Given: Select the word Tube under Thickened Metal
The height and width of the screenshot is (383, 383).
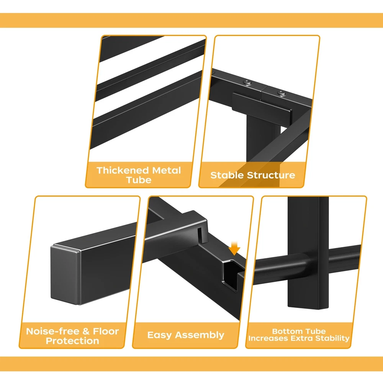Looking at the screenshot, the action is tap(139, 180).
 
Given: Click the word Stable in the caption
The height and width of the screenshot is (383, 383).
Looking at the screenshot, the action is tap(227, 175).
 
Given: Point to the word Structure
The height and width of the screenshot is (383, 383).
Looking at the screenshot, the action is tap(271, 175).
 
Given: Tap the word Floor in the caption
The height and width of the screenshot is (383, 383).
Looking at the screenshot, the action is tap(106, 331).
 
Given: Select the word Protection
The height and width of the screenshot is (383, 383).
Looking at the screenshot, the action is tap(72, 341).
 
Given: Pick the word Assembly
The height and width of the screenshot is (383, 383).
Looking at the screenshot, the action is tap(200, 335).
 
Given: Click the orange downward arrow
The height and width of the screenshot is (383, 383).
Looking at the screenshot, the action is tap(234, 248).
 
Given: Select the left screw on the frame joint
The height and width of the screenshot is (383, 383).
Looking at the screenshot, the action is tap(248, 83).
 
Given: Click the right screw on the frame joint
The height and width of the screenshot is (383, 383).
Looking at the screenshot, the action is tap(282, 93).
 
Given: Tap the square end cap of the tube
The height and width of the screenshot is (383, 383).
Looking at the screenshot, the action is tap(65, 275).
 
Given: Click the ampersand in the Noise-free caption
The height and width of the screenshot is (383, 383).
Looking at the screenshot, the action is tap(86, 331).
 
